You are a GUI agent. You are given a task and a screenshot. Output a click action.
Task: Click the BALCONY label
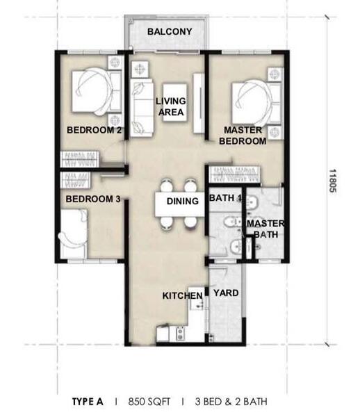(x=170, y=32)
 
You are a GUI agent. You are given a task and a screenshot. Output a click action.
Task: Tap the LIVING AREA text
(x=171, y=106)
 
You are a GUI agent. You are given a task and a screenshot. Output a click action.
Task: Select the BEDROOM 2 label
(x=94, y=130)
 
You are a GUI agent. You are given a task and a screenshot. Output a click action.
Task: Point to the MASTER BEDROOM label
(x=243, y=136)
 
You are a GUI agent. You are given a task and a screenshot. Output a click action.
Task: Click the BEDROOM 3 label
(x=93, y=199)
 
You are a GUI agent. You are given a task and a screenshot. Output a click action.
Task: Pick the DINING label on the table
(x=183, y=201)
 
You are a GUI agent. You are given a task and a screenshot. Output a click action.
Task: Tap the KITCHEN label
(x=182, y=296)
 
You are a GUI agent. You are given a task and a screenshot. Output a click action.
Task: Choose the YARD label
(x=226, y=293)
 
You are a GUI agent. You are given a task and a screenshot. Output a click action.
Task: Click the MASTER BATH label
(x=266, y=229)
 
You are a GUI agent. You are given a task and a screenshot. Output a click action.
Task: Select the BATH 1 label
(x=225, y=198)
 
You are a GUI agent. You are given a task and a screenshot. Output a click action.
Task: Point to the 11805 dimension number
(x=333, y=181)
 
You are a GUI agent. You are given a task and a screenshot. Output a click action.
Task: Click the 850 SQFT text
(x=149, y=402)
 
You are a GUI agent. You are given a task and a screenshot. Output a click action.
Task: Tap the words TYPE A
(x=88, y=402)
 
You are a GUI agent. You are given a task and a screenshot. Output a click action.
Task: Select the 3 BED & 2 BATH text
(x=231, y=402)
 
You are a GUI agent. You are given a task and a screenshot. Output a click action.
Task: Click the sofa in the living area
(x=142, y=108)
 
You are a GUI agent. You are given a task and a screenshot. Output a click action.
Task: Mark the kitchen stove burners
(x=181, y=334)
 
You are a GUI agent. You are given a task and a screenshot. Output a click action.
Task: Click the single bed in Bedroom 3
(x=74, y=234)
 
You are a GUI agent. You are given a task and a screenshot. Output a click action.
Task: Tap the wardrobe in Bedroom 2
(x=80, y=159)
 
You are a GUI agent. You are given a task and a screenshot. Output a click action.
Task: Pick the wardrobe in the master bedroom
(x=234, y=174)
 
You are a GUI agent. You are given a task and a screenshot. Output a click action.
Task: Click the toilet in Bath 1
(x=232, y=221)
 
